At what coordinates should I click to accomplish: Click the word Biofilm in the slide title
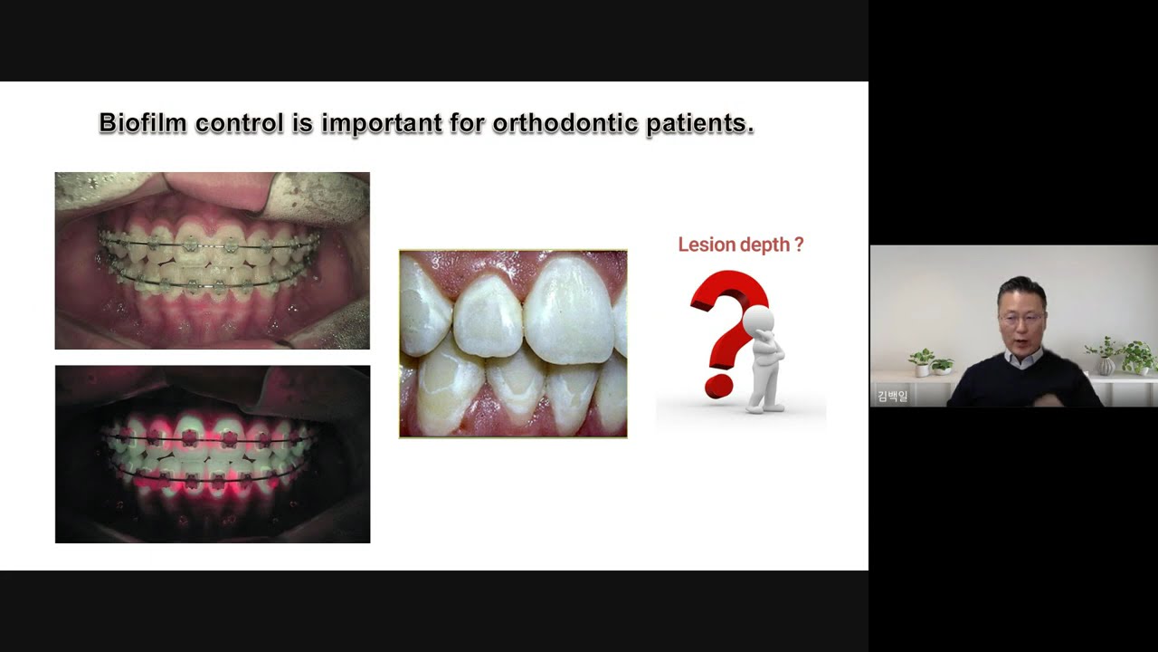[142, 123]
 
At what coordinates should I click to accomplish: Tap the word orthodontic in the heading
[564, 123]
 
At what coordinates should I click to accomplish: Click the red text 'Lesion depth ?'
[740, 244]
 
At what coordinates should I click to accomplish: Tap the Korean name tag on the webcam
[892, 397]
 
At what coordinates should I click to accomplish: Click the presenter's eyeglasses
[1021, 319]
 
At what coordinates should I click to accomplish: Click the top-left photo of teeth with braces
[212, 261]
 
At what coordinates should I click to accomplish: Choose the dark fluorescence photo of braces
[212, 454]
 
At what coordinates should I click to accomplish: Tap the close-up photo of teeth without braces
[513, 344]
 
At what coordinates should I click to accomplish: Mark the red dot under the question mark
[717, 387]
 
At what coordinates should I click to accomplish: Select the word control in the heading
[239, 123]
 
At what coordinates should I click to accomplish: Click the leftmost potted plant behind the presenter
[922, 361]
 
